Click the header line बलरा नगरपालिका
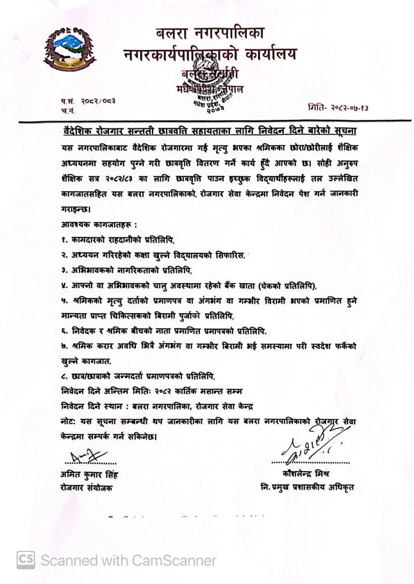pos(210,32)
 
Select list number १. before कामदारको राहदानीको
pos(58,239)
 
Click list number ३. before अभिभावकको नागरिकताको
pos(58,270)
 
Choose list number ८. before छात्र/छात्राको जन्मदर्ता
pos(58,375)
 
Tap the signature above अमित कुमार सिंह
pos(84,457)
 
